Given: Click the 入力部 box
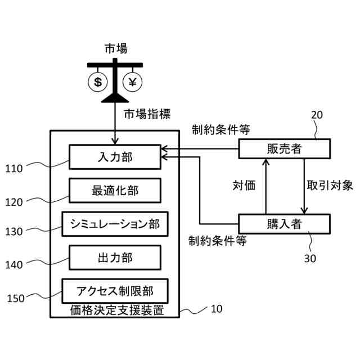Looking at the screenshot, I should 115,157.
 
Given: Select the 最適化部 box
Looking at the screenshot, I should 115,191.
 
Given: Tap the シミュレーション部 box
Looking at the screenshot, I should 115,224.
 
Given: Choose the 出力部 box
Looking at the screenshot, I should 115,257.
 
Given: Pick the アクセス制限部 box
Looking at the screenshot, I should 115,291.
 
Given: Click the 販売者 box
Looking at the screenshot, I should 284,148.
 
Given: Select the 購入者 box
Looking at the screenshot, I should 284,223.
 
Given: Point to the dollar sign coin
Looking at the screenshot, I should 98,82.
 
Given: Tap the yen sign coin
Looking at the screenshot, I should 133,82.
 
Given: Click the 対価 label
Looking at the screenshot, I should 245,186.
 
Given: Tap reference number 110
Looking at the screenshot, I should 14,168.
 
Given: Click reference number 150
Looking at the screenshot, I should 15,298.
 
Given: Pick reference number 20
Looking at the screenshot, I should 317,115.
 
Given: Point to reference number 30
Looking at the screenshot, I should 310,258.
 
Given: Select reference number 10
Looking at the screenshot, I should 217,309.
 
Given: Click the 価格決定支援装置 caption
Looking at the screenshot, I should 116,309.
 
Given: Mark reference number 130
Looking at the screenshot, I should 14,231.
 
